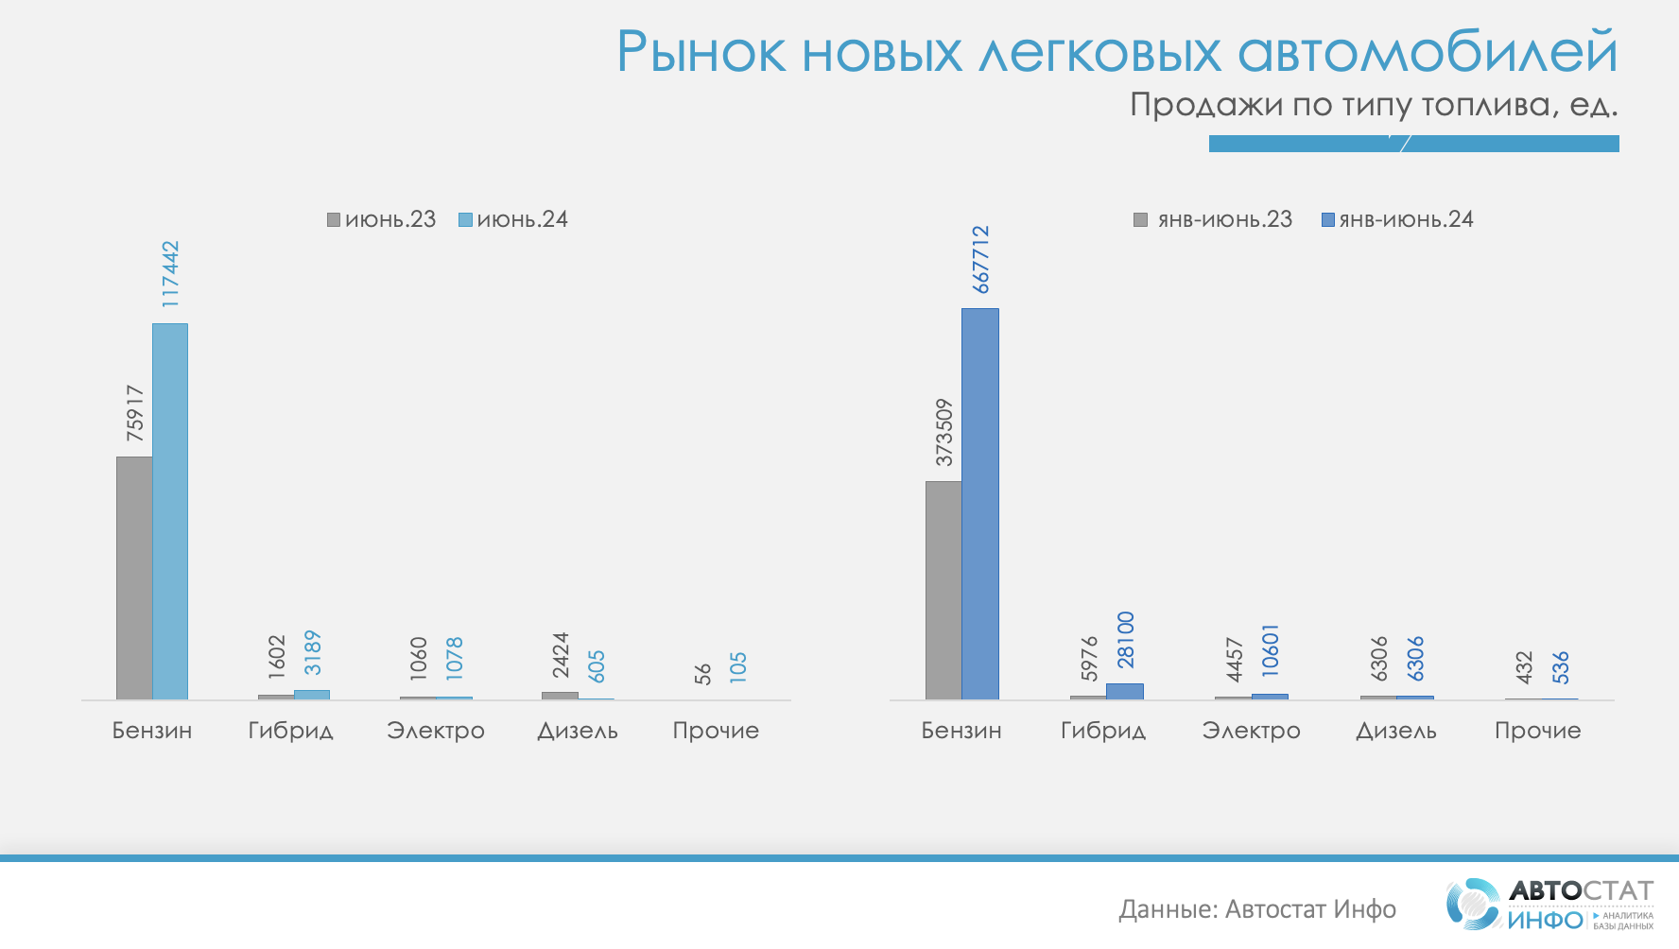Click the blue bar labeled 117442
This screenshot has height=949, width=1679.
point(170,510)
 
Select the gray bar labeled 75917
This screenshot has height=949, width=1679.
point(134,578)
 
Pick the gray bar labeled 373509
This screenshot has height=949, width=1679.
point(943,590)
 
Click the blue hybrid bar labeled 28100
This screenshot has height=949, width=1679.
point(1125,691)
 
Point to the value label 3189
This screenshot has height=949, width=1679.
point(313,652)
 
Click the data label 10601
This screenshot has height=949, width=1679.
point(1271,649)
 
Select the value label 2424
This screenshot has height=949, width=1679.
point(561,654)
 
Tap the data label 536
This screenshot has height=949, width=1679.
point(1561,667)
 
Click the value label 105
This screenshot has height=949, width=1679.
point(738,667)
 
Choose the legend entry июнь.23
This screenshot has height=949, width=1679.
point(382,219)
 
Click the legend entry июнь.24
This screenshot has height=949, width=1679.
point(513,219)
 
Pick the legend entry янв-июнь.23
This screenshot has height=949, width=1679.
point(1214,219)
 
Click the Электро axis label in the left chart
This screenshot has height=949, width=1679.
point(436,731)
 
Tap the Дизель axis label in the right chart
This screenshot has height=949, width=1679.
point(1396,731)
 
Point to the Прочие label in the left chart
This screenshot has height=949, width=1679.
point(716,731)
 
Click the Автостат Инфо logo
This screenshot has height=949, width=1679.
point(1550,905)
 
